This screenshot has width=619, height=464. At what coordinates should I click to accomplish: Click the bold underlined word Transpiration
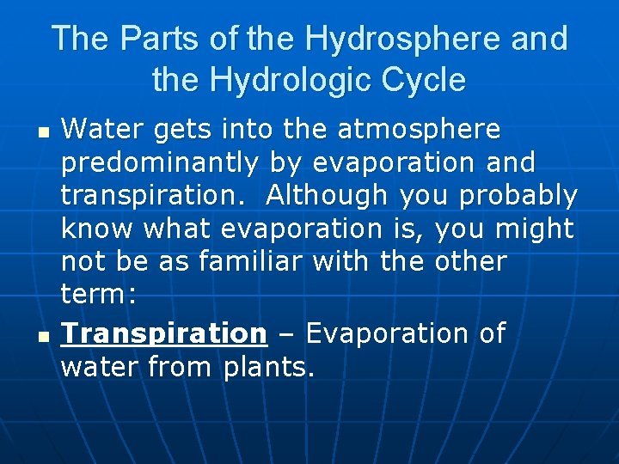click(x=164, y=333)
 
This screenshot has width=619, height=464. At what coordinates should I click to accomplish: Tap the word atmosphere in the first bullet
click(x=419, y=130)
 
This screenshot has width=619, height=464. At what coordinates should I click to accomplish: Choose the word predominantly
click(x=160, y=163)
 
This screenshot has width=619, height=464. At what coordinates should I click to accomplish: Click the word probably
click(x=518, y=197)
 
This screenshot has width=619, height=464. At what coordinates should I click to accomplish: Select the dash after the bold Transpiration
click(x=285, y=333)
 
